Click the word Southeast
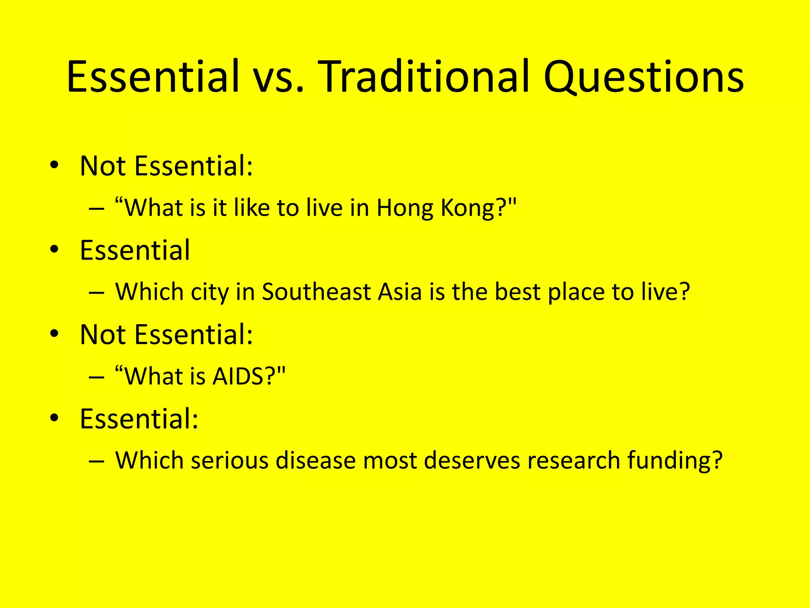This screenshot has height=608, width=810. (x=316, y=292)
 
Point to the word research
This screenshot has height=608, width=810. (x=573, y=460)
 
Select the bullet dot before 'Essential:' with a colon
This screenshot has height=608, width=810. (x=55, y=418)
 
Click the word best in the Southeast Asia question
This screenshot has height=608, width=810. (x=518, y=292)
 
